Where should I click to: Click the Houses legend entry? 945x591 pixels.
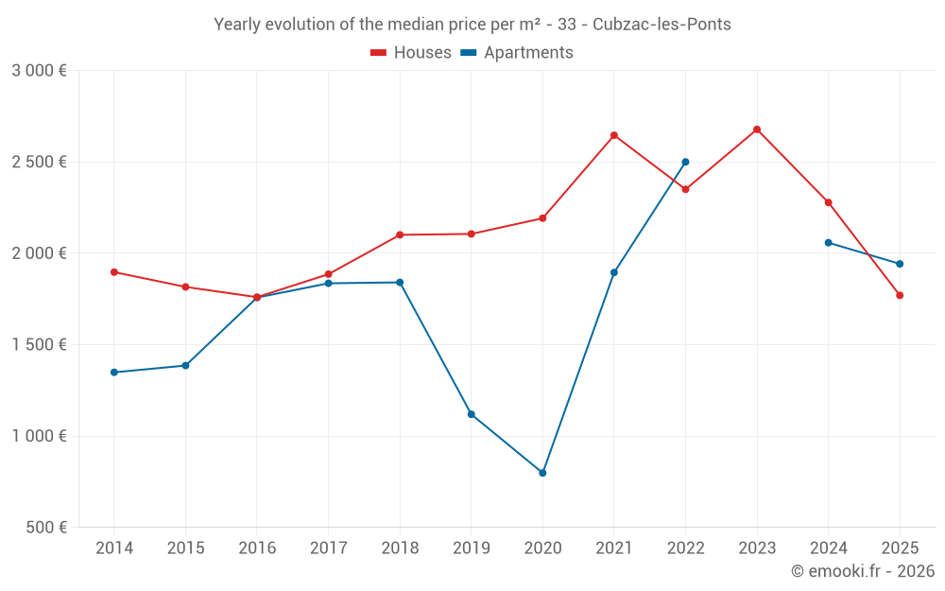tap(411, 53)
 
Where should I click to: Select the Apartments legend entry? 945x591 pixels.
tap(517, 53)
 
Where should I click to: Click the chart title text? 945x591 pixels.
tap(472, 25)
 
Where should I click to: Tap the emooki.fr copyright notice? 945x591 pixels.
tap(863, 571)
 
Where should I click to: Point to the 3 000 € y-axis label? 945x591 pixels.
tap(39, 71)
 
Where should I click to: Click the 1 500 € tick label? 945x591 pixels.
tap(39, 345)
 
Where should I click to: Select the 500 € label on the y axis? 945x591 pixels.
tap(44, 528)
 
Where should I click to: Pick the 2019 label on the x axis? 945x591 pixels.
tap(472, 548)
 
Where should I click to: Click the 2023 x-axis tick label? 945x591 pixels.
tap(757, 548)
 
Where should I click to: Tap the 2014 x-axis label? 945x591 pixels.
tap(114, 548)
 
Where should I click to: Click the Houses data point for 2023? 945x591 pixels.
tap(757, 130)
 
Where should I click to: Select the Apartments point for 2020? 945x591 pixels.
tap(542, 473)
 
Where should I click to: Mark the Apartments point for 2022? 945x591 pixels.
tap(685, 162)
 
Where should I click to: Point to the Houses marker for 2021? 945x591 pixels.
tap(614, 135)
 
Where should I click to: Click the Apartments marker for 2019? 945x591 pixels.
tap(472, 414)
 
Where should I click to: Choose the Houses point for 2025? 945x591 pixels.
tap(900, 295)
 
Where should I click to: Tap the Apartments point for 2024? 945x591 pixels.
tap(829, 243)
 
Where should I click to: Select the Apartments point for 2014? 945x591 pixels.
tap(114, 373)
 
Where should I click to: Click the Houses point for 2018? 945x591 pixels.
tap(400, 235)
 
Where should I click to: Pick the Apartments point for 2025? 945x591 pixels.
tap(900, 264)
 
